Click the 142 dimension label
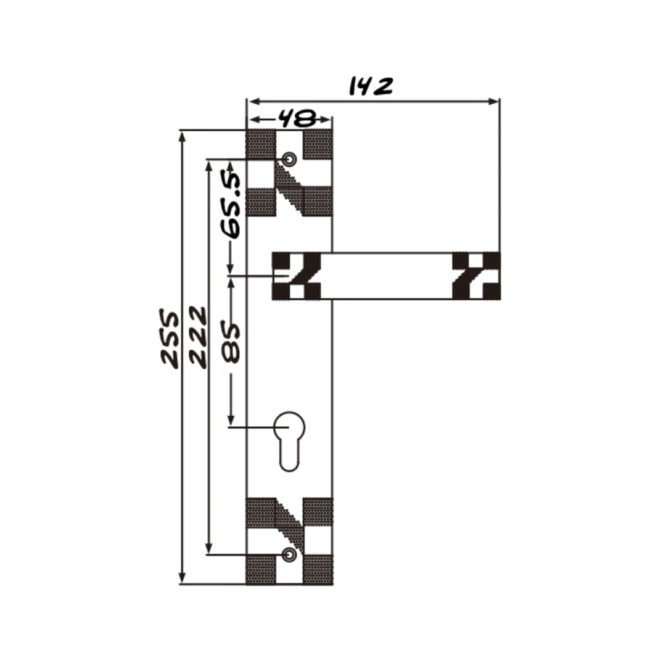[371, 86]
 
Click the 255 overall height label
[170, 338]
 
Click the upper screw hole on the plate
[289, 159]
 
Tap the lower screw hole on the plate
[289, 554]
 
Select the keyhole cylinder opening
[289, 442]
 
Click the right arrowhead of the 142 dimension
[493, 101]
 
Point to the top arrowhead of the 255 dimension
[182, 136]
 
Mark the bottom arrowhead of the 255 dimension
[182, 578]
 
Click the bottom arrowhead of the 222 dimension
[208, 548]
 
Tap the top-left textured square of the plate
[261, 144]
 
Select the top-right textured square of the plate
[318, 144]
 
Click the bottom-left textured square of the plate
[261, 570]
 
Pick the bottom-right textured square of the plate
[318, 570]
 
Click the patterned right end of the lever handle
[476, 276]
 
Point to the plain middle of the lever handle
[386, 276]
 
